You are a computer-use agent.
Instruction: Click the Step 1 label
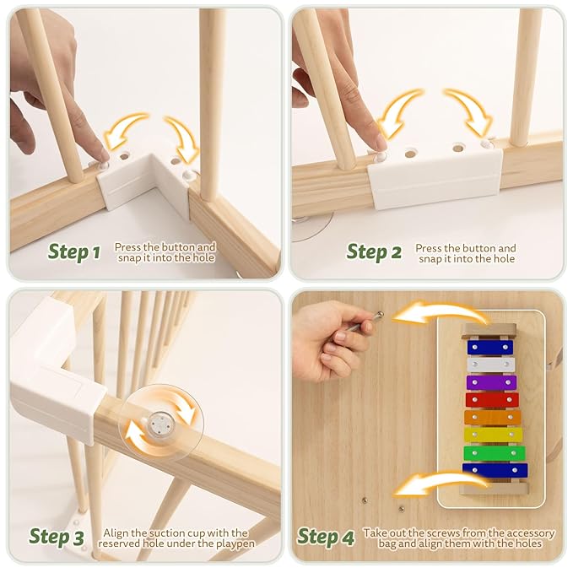click(x=74, y=251)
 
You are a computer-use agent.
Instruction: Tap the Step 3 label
click(x=57, y=536)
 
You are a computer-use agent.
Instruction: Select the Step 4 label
click(x=326, y=537)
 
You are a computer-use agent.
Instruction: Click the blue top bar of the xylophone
click(x=490, y=347)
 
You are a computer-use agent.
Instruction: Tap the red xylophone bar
click(x=492, y=399)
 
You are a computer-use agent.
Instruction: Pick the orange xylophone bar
click(x=492, y=417)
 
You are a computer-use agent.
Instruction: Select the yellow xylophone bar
click(x=493, y=435)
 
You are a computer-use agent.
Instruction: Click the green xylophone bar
click(x=494, y=452)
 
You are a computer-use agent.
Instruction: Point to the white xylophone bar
click(x=490, y=364)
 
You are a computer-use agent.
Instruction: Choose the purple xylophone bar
click(x=491, y=381)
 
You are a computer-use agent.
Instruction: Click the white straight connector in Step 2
click(x=435, y=180)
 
